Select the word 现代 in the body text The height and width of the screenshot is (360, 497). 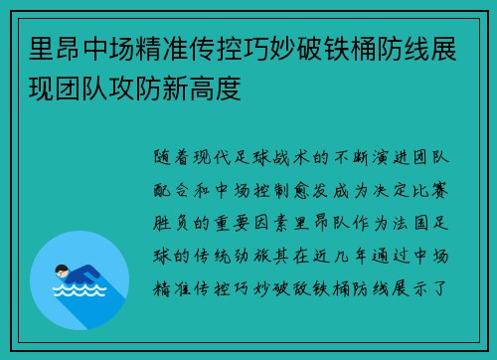pyautogui.click(x=228, y=158)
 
